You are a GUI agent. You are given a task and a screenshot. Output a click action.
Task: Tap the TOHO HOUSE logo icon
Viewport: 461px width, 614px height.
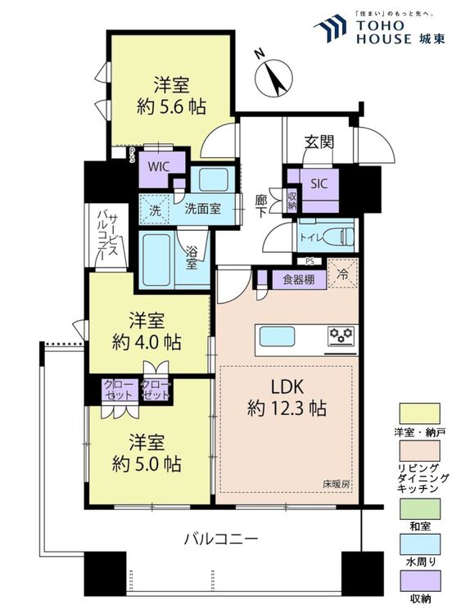tap(330, 28)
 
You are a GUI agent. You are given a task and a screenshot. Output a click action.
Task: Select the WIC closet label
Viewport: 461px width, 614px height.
tap(158, 167)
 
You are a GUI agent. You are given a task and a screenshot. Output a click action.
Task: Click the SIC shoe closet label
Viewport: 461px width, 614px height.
tap(319, 183)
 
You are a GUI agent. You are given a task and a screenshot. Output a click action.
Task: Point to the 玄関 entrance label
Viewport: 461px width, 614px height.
tap(319, 143)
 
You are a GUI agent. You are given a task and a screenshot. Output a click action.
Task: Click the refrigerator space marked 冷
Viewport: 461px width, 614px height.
tap(343, 273)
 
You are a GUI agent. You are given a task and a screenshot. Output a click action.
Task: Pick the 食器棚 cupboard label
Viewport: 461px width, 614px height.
tap(298, 280)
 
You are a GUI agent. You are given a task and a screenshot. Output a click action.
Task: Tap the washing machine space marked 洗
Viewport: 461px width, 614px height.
tap(155, 210)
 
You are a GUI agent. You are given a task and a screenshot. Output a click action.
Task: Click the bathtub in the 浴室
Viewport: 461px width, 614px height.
tap(156, 260)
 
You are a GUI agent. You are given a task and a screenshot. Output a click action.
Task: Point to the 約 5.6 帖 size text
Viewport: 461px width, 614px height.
tap(171, 106)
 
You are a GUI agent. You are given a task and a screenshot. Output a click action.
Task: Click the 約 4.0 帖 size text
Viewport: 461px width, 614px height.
tap(147, 343)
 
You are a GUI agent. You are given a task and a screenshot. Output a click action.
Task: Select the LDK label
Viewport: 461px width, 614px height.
tap(287, 387)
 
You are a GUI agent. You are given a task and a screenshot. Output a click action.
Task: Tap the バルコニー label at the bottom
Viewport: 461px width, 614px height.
tap(221, 540)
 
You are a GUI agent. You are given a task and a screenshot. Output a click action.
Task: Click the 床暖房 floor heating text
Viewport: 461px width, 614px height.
tap(336, 485)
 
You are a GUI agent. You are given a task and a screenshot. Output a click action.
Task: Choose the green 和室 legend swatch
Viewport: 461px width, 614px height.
tap(419, 508)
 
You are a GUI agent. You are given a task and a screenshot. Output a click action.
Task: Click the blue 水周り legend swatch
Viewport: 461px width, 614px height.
tap(419, 544)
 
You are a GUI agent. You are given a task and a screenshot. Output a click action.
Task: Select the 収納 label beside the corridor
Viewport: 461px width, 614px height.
tap(292, 201)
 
